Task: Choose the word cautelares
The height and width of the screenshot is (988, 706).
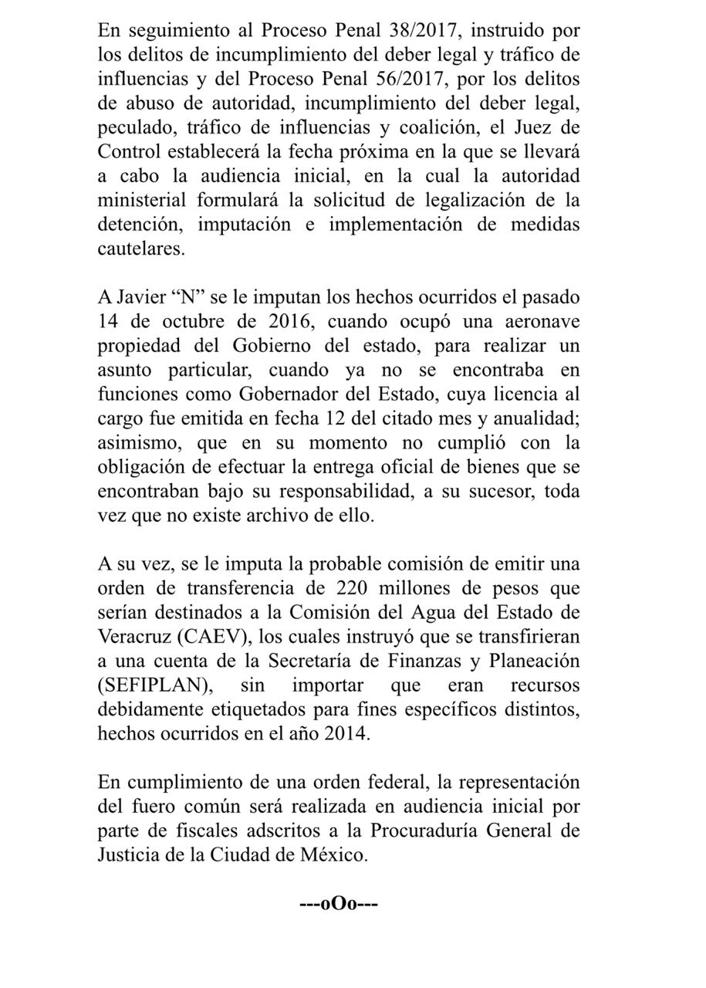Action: click(x=142, y=249)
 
